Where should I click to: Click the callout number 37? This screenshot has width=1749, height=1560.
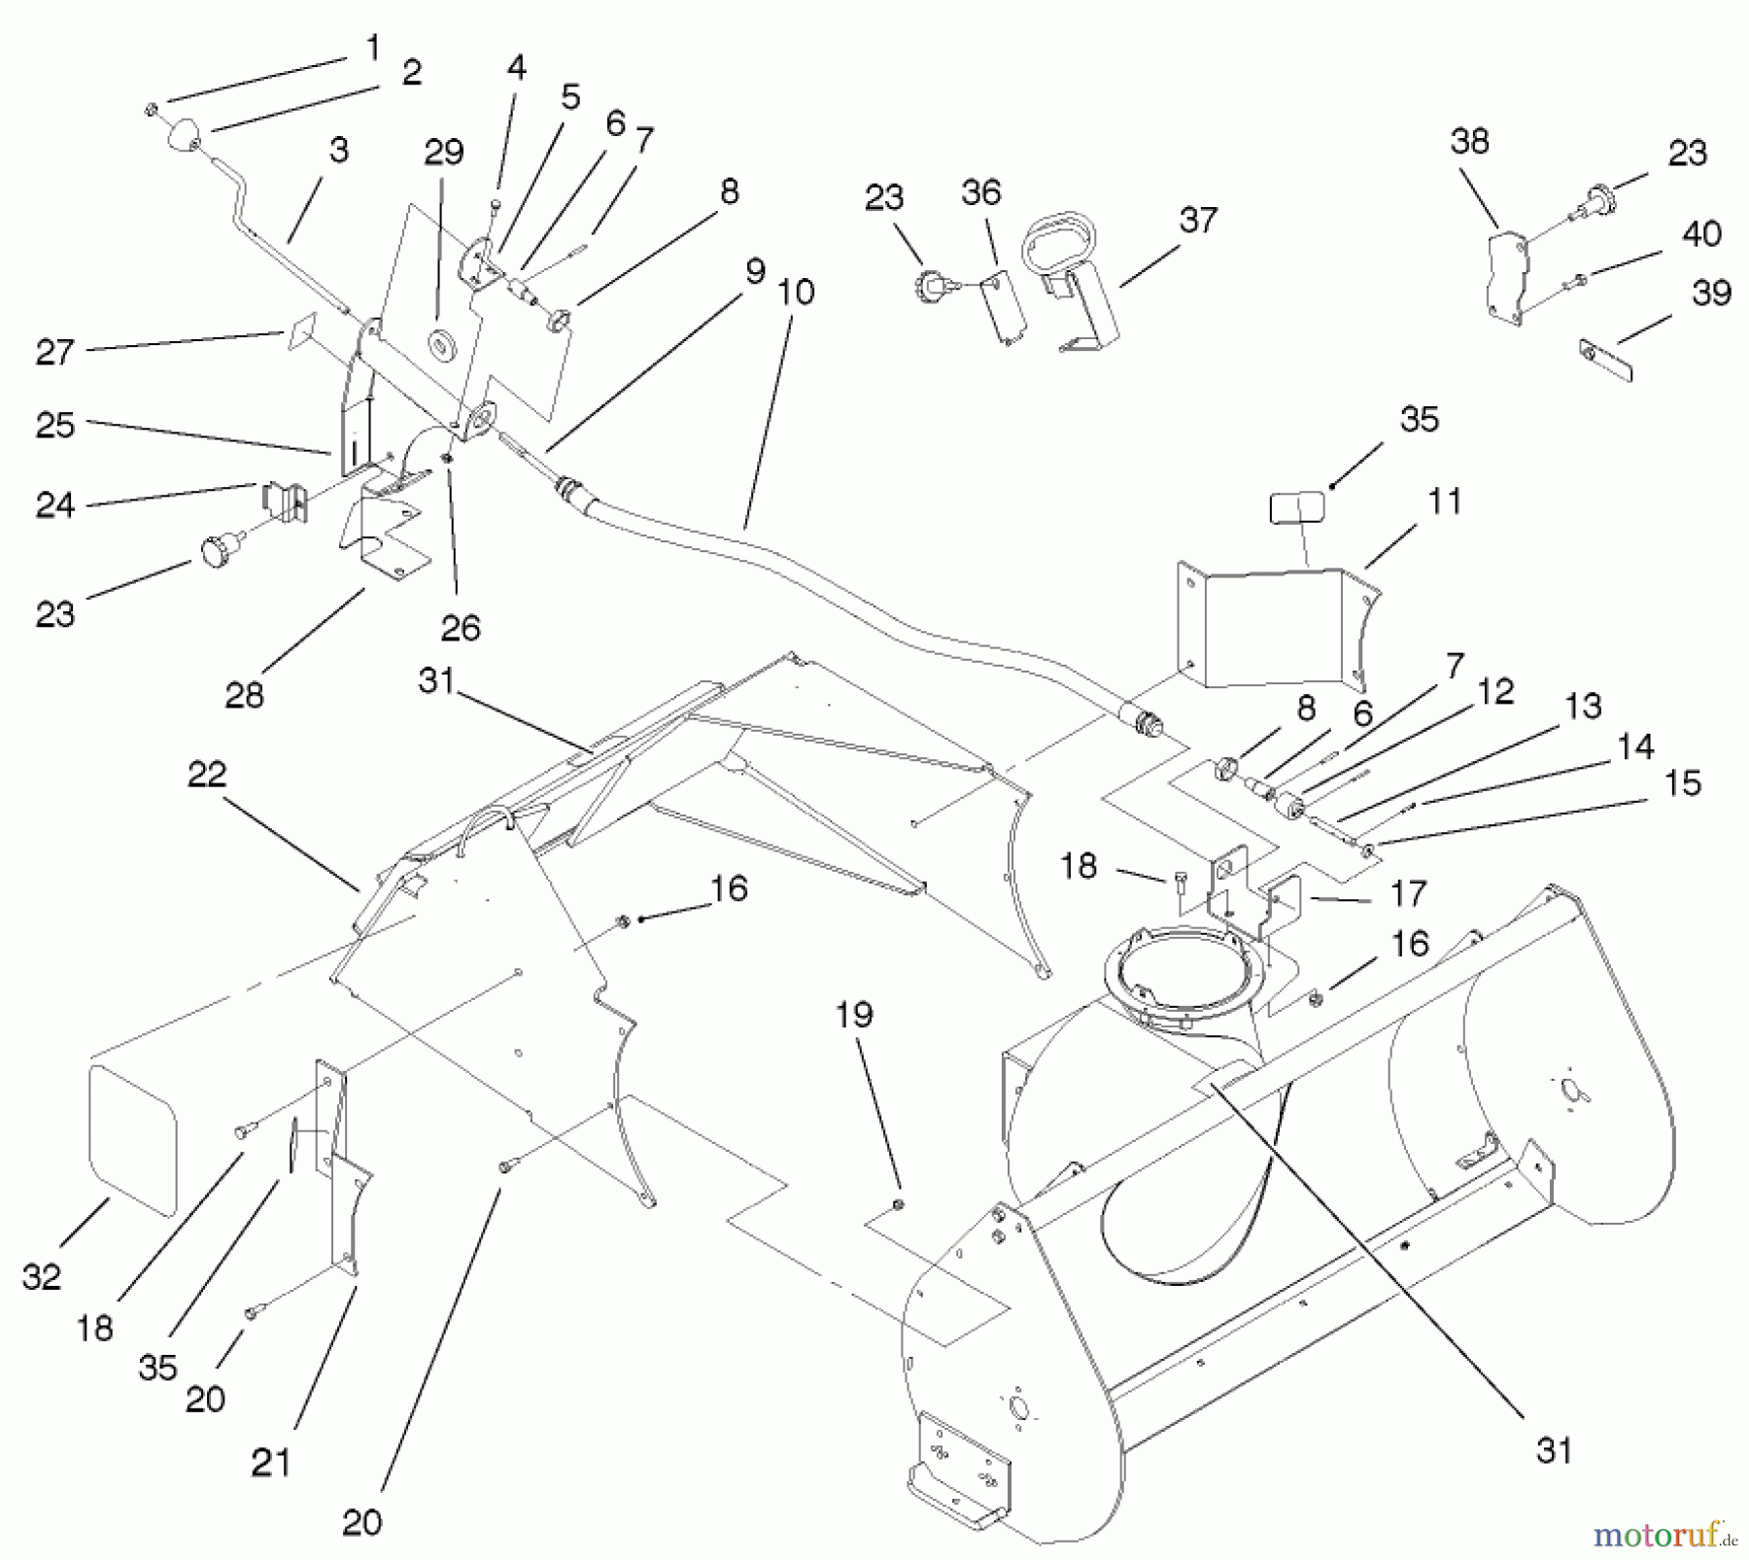click(x=1197, y=220)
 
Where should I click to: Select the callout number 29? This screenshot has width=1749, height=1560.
click(x=443, y=153)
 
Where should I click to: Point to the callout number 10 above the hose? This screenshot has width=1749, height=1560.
click(x=796, y=292)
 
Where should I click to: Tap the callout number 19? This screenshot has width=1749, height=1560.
click(x=854, y=1016)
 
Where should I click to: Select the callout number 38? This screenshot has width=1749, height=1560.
click(x=1469, y=142)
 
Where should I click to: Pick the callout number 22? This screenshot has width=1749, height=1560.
click(x=206, y=775)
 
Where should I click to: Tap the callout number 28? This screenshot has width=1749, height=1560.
click(x=244, y=696)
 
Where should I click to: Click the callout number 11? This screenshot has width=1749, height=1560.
click(x=1445, y=503)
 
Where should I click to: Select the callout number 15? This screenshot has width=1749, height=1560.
click(x=1683, y=784)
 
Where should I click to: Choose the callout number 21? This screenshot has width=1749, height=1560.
click(x=270, y=1463)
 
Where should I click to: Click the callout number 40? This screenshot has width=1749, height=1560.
click(x=1701, y=234)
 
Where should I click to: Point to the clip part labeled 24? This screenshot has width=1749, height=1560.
click(x=284, y=499)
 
